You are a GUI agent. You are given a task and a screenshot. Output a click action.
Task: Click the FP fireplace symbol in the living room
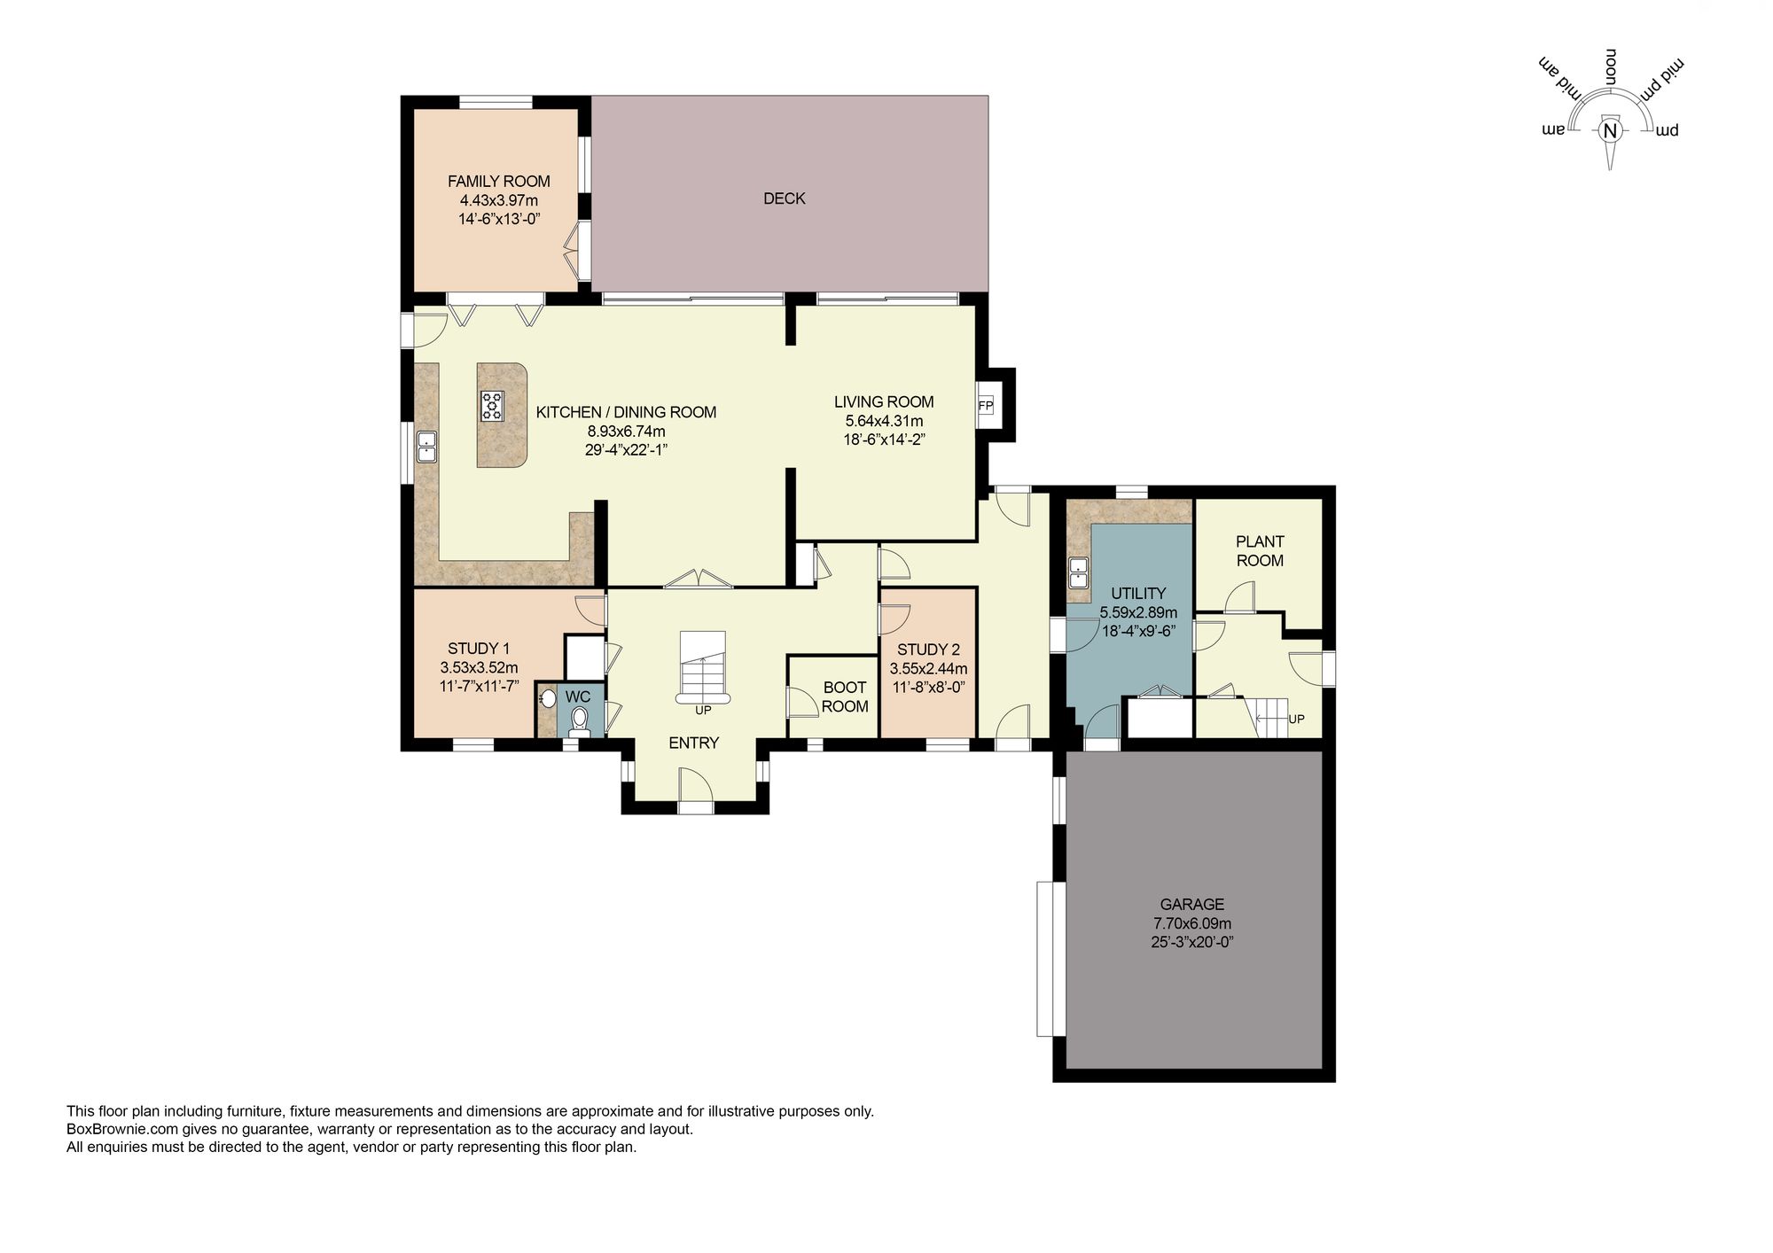click(x=985, y=406)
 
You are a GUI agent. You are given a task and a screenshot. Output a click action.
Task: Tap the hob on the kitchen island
click(x=492, y=405)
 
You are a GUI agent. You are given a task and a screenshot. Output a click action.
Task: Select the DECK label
click(x=784, y=198)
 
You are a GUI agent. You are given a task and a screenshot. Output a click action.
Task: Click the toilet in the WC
click(x=580, y=720)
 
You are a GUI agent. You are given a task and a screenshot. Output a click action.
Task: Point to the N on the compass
click(x=1611, y=131)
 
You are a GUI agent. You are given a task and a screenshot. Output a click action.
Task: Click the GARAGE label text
click(x=1191, y=904)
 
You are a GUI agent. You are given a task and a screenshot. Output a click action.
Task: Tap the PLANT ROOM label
click(x=1260, y=550)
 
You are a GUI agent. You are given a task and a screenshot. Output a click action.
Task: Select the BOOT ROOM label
click(x=844, y=697)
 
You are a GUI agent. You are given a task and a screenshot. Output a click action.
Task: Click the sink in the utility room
click(x=1078, y=572)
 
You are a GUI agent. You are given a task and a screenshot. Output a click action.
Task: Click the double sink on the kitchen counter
click(x=426, y=446)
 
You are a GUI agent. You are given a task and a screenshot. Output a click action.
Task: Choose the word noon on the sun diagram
click(x=1611, y=67)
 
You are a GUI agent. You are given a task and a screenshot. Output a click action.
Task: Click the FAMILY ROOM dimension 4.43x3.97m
click(x=498, y=200)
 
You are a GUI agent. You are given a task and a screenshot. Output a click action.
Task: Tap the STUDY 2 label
click(x=928, y=650)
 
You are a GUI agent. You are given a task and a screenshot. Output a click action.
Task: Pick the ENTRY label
click(x=693, y=743)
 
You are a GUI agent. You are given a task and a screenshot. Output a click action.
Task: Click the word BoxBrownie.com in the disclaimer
click(x=108, y=1129)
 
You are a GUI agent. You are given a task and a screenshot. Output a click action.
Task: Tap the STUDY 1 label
click(x=479, y=648)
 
